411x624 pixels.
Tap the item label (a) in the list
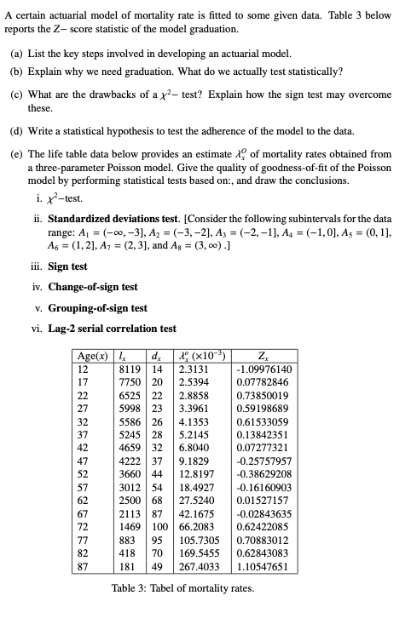point(17,53)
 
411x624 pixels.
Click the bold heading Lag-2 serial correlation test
point(112,328)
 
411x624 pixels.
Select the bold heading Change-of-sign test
point(92,287)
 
